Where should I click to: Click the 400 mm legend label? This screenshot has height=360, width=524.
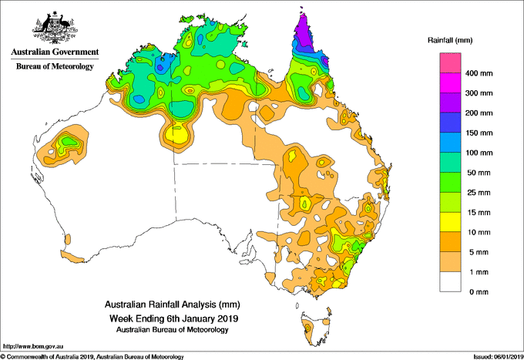click(479, 73)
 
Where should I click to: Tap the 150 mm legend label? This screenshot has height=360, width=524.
click(479, 133)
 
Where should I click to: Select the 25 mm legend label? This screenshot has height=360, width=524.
click(479, 193)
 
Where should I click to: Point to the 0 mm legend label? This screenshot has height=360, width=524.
click(479, 292)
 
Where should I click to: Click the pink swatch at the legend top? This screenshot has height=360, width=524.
click(450, 62)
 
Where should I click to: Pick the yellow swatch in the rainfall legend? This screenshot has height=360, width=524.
click(450, 222)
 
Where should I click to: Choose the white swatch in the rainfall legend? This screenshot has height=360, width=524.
click(450, 282)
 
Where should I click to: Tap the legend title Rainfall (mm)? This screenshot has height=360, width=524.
click(450, 40)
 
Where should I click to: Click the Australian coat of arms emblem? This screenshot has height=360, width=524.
click(55, 27)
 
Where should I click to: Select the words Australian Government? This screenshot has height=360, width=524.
click(55, 52)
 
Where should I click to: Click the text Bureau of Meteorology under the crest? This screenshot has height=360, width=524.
click(55, 66)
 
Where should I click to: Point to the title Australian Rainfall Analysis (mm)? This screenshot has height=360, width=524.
click(173, 304)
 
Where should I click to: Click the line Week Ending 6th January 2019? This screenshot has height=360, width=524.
click(174, 318)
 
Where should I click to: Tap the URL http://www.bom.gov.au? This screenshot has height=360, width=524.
click(32, 346)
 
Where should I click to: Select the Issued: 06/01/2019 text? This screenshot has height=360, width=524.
click(499, 357)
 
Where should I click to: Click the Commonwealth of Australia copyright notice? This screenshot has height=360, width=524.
click(92, 357)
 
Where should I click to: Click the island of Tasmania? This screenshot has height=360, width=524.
click(315, 329)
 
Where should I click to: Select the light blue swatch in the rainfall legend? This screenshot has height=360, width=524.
click(450, 143)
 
